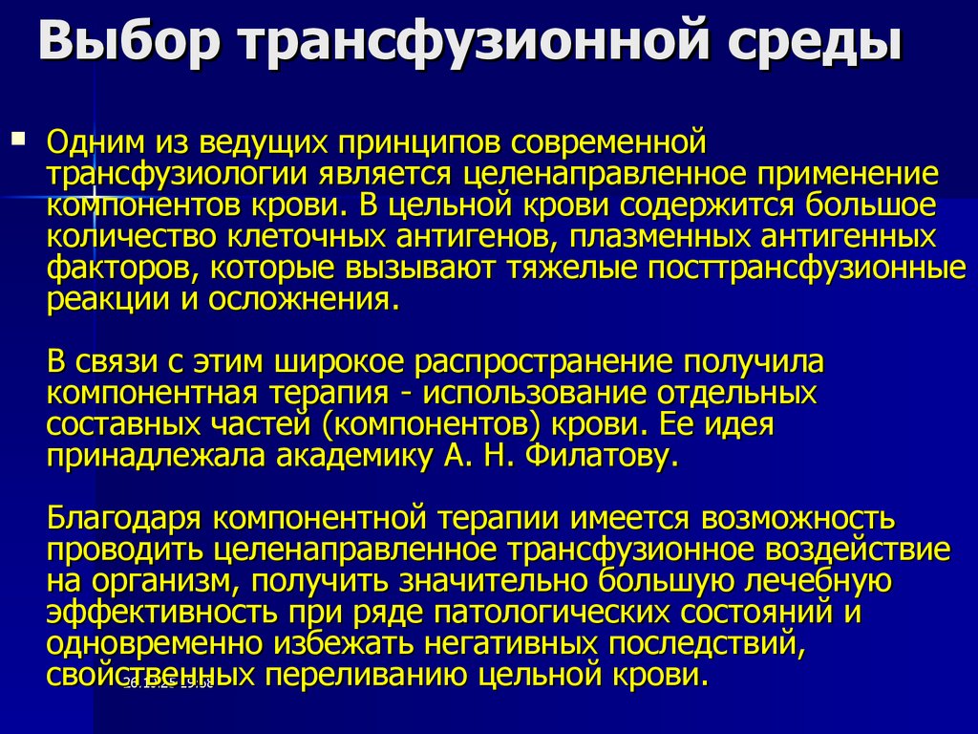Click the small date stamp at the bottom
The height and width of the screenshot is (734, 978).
tap(167, 682)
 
